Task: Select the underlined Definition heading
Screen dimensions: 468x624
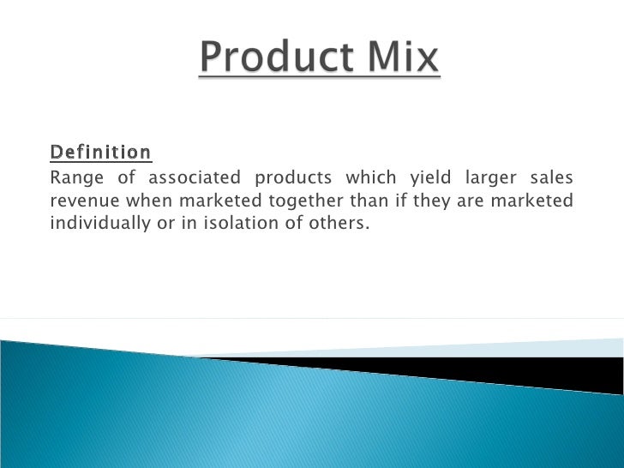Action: [100, 153]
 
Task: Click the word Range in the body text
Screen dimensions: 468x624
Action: [75, 178]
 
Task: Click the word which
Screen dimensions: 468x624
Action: [371, 178]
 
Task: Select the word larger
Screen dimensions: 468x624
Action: [491, 178]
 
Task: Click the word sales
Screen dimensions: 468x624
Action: [553, 178]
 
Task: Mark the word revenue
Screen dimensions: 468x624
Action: [85, 201]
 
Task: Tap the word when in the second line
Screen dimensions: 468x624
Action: [145, 201]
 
